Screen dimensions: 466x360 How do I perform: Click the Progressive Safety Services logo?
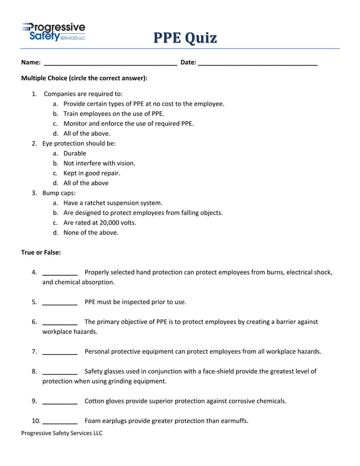(54, 32)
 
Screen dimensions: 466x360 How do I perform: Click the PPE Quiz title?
(185, 38)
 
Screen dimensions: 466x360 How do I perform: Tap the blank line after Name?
(111, 64)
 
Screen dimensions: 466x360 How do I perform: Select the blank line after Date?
(258, 64)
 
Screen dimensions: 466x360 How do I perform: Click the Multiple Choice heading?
(84, 78)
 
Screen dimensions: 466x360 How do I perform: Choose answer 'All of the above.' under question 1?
(87, 134)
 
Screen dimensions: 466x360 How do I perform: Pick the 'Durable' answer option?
(75, 153)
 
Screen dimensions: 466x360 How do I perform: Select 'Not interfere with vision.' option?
(99, 163)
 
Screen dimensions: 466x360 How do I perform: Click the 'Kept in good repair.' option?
(92, 173)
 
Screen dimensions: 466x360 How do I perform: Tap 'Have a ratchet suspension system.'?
(113, 203)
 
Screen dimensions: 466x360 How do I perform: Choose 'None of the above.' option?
(91, 232)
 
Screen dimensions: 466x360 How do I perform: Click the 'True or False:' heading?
(41, 252)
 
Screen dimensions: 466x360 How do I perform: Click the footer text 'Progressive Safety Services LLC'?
(62, 433)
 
